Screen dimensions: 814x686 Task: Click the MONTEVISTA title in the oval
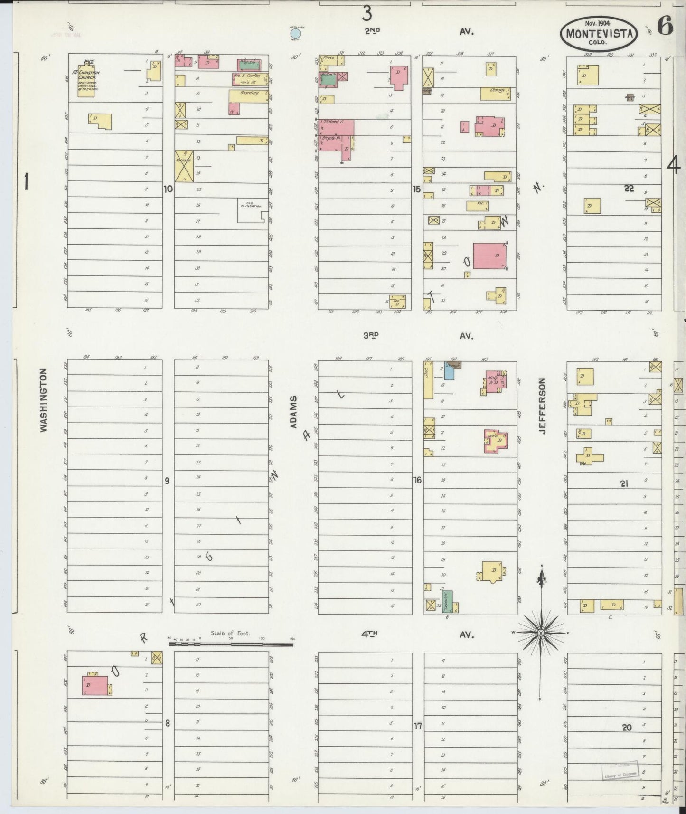[599, 34]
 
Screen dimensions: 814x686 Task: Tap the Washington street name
[44, 400]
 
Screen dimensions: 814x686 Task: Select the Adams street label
[293, 411]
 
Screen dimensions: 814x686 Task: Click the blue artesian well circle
[295, 34]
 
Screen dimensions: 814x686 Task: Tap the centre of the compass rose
[541, 633]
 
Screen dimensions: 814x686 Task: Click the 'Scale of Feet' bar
[231, 644]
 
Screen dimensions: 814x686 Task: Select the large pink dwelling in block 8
[95, 685]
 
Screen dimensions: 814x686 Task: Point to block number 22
[629, 189]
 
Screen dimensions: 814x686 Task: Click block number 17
[418, 726]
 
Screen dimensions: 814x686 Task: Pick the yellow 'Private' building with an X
[184, 166]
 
